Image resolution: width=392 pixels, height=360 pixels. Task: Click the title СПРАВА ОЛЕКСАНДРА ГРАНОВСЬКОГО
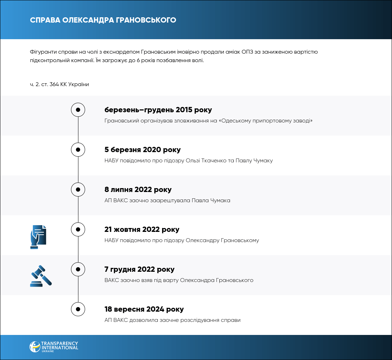[x=103, y=20]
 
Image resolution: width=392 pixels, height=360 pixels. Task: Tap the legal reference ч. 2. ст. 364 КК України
[x=59, y=84]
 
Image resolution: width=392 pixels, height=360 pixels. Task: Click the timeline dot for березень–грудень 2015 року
[x=78, y=110]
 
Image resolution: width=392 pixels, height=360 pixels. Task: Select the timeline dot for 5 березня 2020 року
[x=78, y=150]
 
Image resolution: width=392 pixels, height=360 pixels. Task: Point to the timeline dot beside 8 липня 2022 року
[x=78, y=190]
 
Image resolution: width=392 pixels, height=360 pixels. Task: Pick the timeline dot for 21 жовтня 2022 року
[x=78, y=229]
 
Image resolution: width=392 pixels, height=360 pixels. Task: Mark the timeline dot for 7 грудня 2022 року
[x=78, y=269]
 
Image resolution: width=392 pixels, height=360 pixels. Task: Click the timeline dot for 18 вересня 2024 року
[x=78, y=309]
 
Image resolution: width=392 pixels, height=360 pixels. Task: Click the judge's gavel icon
[x=41, y=276]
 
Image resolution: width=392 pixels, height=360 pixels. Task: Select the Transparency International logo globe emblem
[x=35, y=346]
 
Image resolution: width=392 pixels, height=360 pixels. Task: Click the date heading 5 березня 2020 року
[x=142, y=150]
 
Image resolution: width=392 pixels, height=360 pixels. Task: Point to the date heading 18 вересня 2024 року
[x=144, y=310]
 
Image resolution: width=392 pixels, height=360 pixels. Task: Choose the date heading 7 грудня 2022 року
[x=139, y=270]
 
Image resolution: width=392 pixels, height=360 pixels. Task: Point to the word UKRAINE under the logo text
[x=48, y=351]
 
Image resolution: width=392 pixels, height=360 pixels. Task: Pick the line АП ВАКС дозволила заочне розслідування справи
[x=172, y=320]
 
